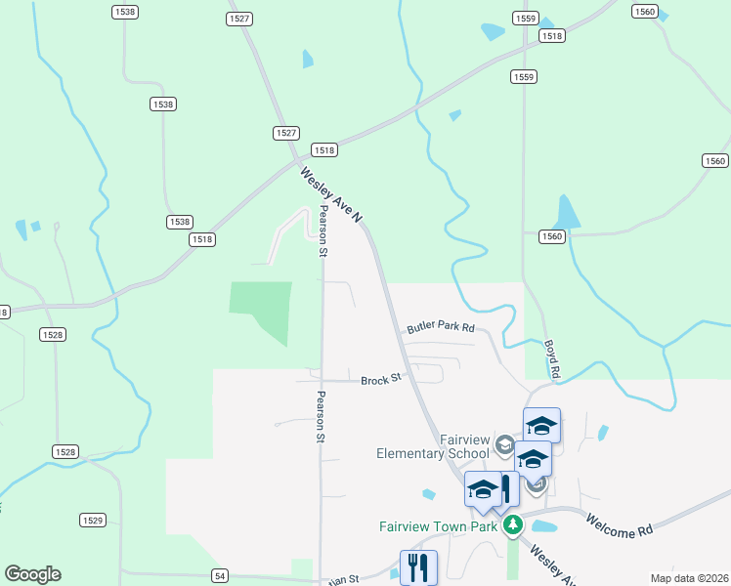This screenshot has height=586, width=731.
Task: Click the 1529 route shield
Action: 93,521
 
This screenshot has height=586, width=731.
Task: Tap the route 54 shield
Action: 220,576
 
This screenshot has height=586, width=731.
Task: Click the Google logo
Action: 32,574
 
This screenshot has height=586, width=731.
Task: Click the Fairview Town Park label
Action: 439,526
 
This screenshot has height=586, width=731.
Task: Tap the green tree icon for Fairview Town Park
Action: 512,526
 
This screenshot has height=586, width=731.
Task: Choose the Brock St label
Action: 381,380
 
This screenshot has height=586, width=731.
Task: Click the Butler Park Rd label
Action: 441,328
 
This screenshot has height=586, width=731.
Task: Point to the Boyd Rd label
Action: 553,358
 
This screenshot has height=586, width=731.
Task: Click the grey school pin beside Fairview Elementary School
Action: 504,446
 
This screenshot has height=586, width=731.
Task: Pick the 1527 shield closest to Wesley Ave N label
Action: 286,133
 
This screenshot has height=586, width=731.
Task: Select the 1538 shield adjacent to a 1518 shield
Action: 179,223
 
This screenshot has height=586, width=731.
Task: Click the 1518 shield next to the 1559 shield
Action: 552,36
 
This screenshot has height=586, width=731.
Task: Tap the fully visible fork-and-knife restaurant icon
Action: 419,567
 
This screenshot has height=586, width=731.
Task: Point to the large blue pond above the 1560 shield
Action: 564,212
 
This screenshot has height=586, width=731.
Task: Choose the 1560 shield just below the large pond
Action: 552,236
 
